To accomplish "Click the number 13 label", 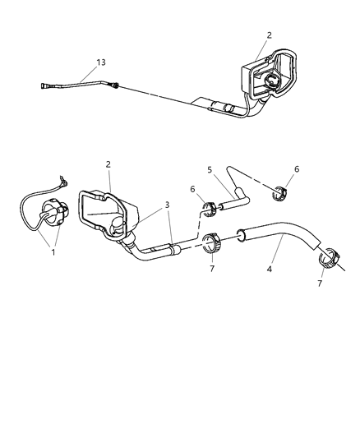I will tap(101, 62).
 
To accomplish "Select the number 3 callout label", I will tap(167, 205).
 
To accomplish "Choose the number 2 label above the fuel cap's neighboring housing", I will tap(108, 164).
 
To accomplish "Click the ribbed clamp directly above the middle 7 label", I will tap(210, 243).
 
